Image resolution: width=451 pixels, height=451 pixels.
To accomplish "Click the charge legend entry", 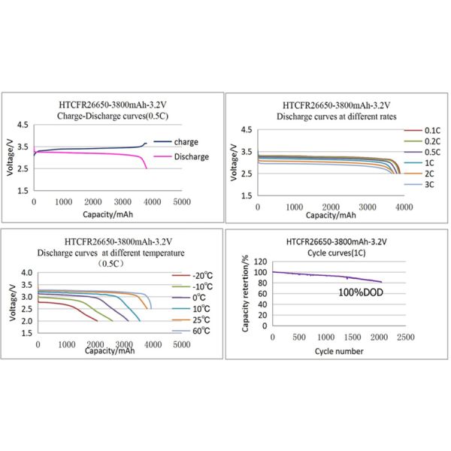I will [185, 141].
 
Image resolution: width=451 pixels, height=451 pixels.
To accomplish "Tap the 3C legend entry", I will [430, 184].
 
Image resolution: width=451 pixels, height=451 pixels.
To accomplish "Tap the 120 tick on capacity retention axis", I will [259, 262].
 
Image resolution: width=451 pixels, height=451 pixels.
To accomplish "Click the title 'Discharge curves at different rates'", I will [337, 117].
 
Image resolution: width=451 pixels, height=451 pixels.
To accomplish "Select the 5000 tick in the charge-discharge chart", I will [180, 201].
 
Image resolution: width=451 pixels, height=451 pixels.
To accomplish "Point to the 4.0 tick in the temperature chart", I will [26, 273].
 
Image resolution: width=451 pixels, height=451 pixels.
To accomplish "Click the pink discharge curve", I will [90, 153].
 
